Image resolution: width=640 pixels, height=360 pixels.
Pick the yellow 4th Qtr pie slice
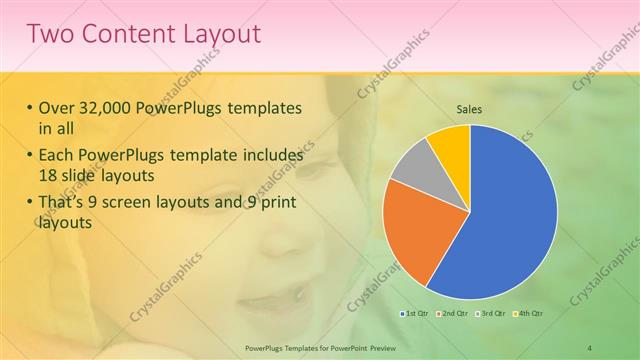pyautogui.click(x=451, y=145)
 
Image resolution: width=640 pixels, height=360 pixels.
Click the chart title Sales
pyautogui.click(x=470, y=108)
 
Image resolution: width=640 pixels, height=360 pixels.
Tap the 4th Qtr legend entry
pyautogui.click(x=528, y=315)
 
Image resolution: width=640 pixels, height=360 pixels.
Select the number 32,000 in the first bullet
pyautogui.click(x=112, y=108)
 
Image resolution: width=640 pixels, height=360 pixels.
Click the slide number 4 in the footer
pyautogui.click(x=590, y=347)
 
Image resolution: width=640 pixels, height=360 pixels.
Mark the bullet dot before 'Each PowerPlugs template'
pyautogui.click(x=30, y=156)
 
